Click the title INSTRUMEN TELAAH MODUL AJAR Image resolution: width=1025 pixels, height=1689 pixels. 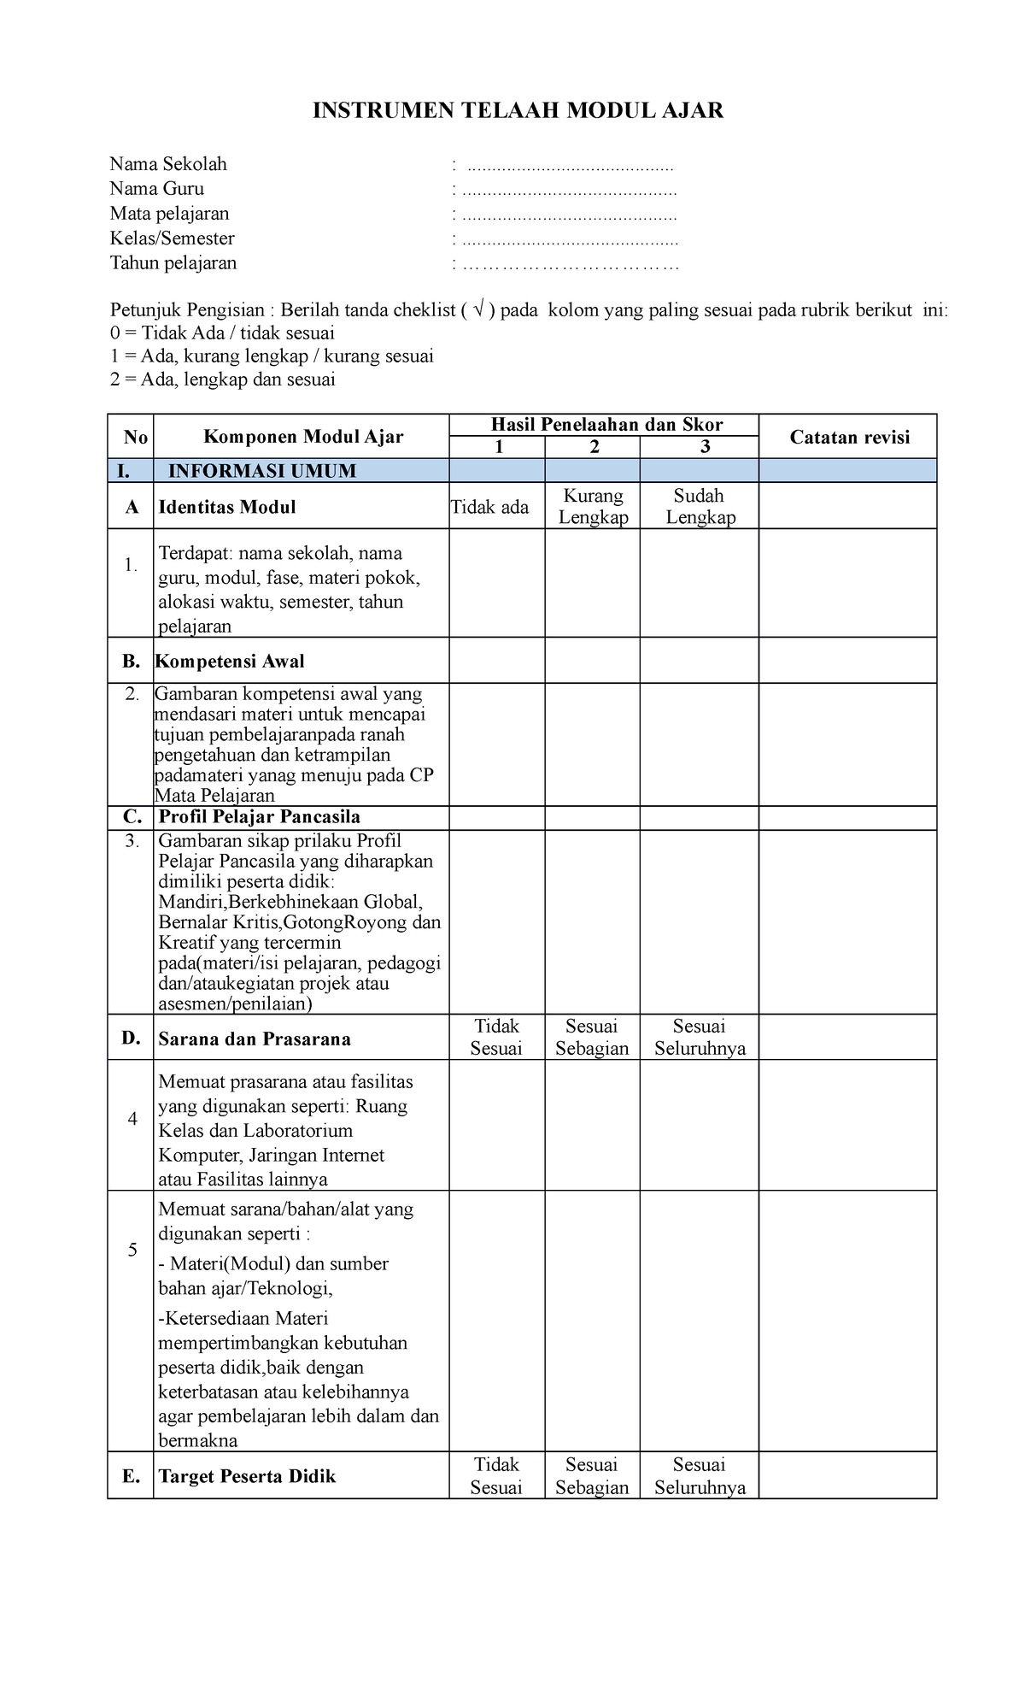518,110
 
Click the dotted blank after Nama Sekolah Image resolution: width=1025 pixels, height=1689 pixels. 567,164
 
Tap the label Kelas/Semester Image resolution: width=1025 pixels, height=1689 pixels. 172,238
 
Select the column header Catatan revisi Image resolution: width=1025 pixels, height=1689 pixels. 849,438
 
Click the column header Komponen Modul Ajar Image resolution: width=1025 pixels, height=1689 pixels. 302,438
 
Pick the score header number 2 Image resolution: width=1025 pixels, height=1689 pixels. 594,447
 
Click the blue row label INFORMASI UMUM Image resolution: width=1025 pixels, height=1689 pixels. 262,471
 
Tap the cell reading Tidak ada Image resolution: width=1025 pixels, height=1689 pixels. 489,508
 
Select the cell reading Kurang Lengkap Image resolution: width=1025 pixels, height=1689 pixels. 593,506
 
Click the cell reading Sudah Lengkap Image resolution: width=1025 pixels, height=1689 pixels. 700,506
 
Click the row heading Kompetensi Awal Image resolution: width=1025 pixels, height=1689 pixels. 231,662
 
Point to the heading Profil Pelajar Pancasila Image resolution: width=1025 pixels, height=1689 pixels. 259,817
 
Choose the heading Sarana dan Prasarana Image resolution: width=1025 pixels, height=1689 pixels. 255,1039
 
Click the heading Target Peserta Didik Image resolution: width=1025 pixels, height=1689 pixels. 247,1476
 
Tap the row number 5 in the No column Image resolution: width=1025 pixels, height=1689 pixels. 132,1251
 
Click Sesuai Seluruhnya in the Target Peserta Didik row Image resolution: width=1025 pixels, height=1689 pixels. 700,1476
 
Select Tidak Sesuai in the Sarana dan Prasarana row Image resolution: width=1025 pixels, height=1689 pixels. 496,1037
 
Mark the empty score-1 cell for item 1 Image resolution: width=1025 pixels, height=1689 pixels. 497,583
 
